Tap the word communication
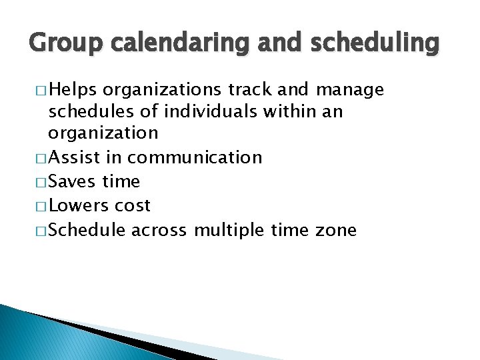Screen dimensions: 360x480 tap(199, 158)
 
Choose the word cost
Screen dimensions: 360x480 tap(133, 205)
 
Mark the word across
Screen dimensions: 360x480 tap(160, 231)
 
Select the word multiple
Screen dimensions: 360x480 tap(230, 231)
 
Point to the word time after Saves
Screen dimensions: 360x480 tap(121, 181)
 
